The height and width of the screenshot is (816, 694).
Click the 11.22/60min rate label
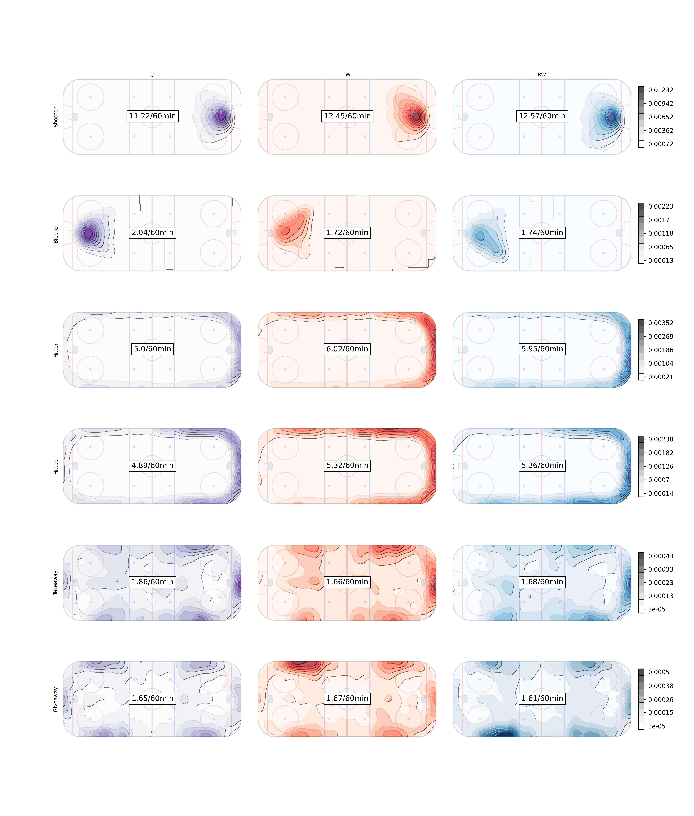coord(152,116)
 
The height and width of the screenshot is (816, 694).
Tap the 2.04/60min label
coord(152,232)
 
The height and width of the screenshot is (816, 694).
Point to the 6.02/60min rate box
coord(347,349)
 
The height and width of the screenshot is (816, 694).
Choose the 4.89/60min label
coord(152,465)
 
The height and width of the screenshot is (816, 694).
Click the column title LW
coord(347,74)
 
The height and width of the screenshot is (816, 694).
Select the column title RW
coord(542,74)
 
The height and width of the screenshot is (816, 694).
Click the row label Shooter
coord(56,117)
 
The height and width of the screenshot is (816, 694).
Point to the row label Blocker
coord(56,234)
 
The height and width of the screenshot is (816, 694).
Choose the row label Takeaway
coord(56,583)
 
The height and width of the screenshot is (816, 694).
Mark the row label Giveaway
coord(56,699)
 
